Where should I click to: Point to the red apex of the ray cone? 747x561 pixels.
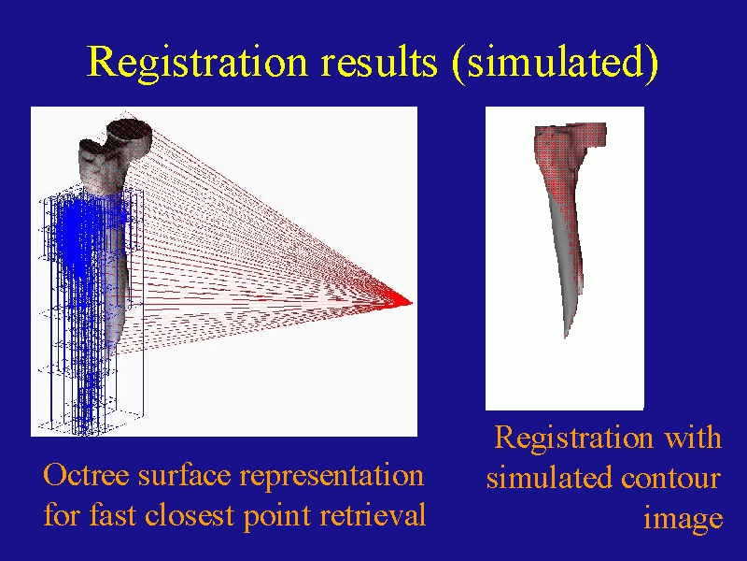(x=411, y=302)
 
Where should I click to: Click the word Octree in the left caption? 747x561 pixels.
(x=86, y=475)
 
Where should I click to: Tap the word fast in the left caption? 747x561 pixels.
(x=113, y=515)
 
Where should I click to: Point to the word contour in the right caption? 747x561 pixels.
(x=670, y=479)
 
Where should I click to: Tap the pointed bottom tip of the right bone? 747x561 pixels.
(x=566, y=337)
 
